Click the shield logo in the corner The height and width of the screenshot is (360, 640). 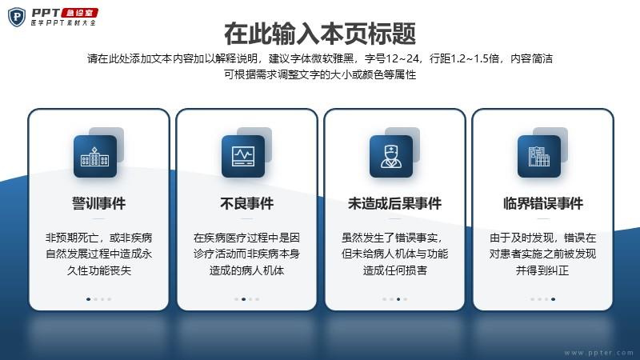17,17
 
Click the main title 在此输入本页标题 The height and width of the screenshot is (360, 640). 320,34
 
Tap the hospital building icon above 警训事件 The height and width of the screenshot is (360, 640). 94,156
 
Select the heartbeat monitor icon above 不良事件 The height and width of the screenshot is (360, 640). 243,156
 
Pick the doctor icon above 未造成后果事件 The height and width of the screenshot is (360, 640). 391,156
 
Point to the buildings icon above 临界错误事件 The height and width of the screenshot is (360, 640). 538,156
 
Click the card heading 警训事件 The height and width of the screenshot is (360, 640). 98,203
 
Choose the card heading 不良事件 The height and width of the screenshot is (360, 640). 247,203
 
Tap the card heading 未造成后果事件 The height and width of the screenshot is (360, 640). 394,203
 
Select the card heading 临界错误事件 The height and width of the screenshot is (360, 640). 543,203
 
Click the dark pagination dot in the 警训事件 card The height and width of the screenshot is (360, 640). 89,299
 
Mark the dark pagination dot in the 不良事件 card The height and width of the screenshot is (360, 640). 244,299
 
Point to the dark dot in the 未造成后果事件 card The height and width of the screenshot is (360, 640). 398,299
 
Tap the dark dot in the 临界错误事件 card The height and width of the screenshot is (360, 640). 553,299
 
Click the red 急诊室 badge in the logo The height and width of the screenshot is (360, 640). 79,13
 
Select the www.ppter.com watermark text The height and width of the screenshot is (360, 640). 598,353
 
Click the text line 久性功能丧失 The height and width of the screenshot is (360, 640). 98,270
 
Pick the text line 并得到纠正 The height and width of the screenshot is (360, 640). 542,270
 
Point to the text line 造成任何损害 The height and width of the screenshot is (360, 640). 394,270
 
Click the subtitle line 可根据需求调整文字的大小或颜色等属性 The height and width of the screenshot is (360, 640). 320,74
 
